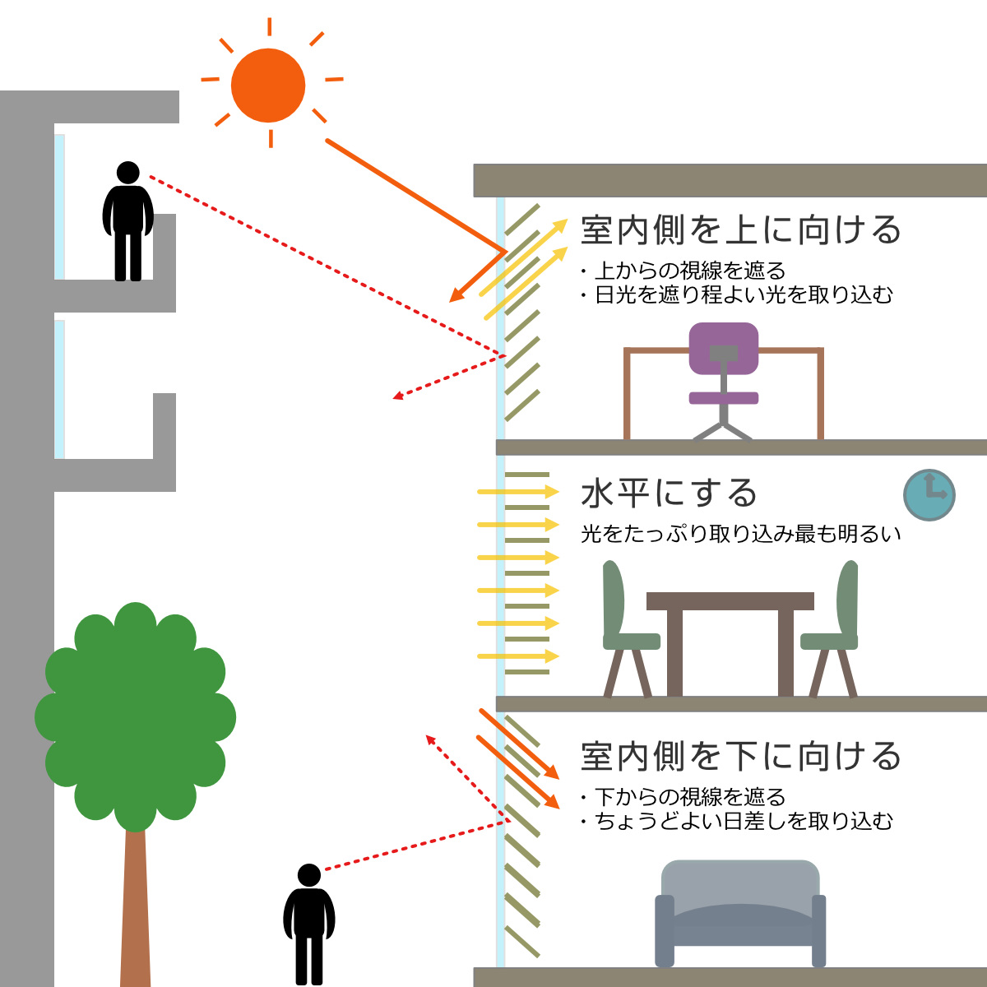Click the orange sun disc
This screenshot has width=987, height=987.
[268, 86]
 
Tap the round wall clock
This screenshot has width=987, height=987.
[929, 495]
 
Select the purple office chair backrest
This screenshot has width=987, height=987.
[723, 348]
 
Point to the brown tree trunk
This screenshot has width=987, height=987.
[135, 907]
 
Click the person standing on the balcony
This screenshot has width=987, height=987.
[128, 221]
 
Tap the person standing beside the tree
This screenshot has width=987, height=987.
[309, 924]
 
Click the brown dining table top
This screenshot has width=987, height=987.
[730, 600]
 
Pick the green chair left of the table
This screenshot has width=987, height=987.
[628, 628]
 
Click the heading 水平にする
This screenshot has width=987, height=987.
[669, 493]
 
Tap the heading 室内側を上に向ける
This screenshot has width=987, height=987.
[740, 230]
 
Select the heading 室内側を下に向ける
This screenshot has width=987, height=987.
[740, 756]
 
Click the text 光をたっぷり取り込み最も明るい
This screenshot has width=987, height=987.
[740, 535]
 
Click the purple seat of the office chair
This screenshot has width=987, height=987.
[723, 398]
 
